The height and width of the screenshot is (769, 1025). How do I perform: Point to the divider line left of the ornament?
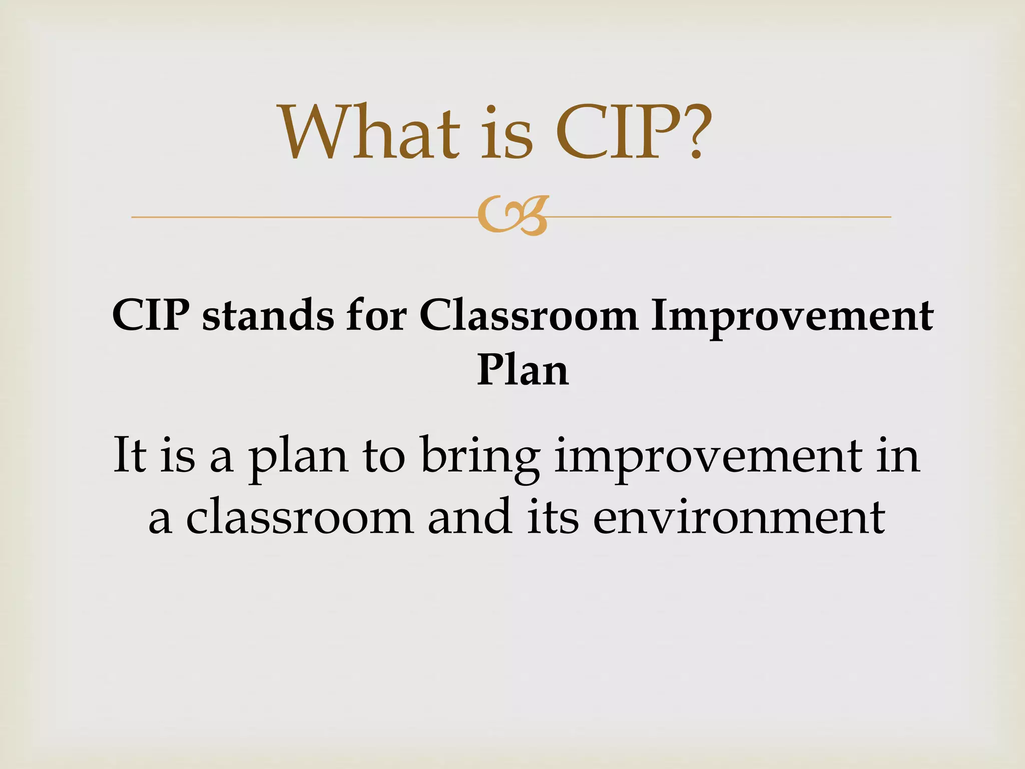[300, 217]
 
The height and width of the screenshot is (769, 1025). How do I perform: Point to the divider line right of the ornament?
[721, 217]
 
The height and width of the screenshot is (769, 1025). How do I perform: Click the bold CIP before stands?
[151, 316]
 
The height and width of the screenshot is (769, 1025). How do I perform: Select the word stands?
[268, 316]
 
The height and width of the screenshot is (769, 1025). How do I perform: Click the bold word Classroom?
[529, 316]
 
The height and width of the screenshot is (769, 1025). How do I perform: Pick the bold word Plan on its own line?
[523, 370]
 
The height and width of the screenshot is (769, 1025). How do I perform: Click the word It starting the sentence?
[130, 455]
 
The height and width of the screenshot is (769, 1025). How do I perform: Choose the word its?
[553, 516]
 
